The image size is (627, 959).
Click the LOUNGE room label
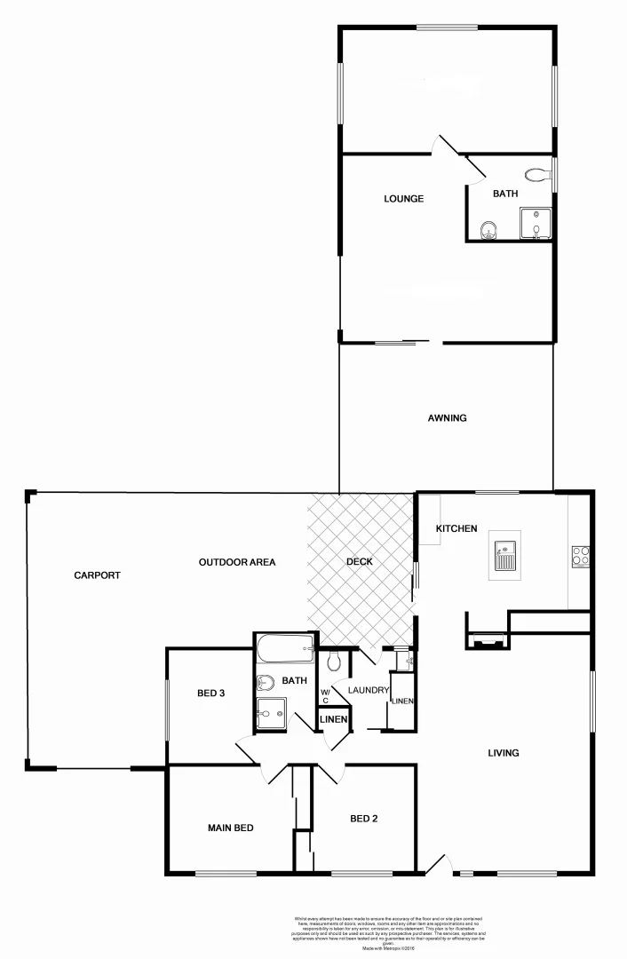click(x=403, y=199)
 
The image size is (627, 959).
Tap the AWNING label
click(x=447, y=418)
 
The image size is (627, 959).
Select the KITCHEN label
click(x=456, y=529)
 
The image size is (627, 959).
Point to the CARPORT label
click(x=97, y=575)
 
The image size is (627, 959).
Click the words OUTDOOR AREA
click(x=237, y=562)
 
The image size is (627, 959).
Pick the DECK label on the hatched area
click(x=360, y=562)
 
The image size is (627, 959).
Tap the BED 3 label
click(x=210, y=693)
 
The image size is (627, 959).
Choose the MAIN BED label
click(x=231, y=828)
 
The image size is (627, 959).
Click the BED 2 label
click(x=364, y=819)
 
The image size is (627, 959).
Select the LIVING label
click(x=503, y=753)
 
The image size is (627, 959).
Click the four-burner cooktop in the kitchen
click(x=581, y=557)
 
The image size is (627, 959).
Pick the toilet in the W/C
click(x=334, y=661)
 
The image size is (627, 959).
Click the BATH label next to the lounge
click(x=505, y=194)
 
